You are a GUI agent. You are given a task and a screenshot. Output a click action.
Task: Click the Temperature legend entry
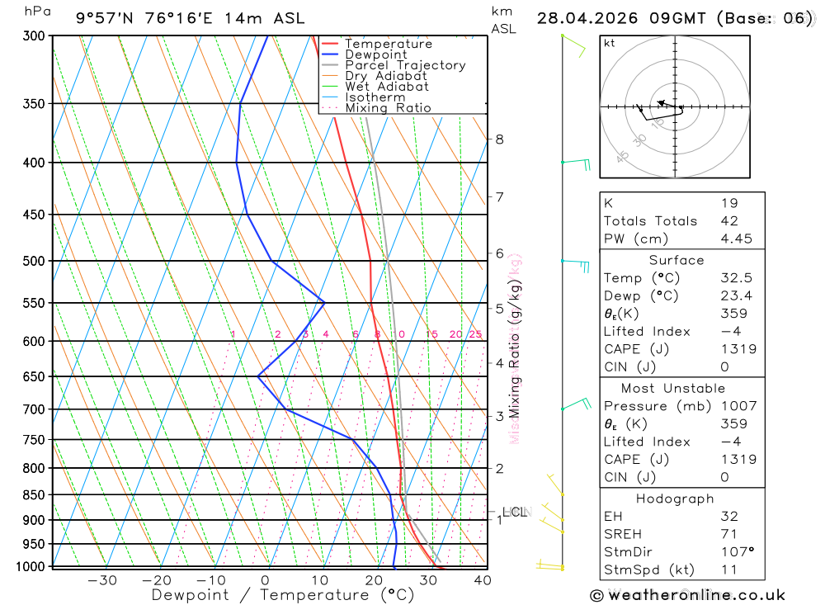388,44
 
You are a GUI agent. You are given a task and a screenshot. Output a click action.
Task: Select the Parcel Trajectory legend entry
405,65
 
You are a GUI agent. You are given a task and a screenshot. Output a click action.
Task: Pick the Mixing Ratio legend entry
388,108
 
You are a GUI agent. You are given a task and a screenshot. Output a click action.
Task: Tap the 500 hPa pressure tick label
34,261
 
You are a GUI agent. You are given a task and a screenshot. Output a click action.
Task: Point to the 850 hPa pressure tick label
34,495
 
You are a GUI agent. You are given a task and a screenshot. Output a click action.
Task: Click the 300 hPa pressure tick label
34,36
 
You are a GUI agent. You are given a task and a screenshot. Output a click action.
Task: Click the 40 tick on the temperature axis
483,580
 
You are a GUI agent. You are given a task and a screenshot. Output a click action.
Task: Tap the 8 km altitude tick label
499,139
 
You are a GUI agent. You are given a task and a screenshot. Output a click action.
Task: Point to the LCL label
515,513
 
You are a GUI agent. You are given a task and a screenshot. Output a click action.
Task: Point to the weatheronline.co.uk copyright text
688,595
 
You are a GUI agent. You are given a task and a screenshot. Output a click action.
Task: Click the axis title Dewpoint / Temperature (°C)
282,594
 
